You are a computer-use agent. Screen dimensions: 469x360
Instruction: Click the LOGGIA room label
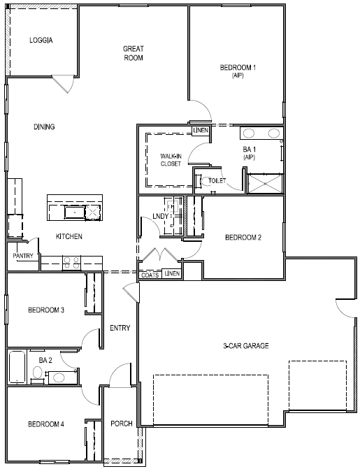click(41, 40)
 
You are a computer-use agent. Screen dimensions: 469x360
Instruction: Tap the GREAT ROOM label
click(133, 53)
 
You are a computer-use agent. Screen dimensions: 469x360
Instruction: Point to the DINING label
click(44, 127)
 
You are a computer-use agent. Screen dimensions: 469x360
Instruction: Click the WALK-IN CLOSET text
click(171, 159)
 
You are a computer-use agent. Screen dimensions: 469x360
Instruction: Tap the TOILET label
click(217, 180)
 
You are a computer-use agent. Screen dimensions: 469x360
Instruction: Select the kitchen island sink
click(73, 210)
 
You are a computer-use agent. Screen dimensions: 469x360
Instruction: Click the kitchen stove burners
click(71, 263)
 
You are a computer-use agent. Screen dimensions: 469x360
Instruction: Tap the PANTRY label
click(23, 256)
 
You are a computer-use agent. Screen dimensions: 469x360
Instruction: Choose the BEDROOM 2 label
click(243, 238)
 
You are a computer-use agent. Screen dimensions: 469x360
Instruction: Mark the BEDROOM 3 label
click(46, 310)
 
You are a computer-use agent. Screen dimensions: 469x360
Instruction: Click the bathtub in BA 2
click(18, 368)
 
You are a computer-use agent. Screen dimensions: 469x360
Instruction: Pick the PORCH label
click(122, 424)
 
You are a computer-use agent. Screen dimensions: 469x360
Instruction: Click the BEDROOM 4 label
click(46, 424)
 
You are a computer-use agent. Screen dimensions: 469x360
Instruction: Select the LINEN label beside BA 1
click(201, 130)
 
